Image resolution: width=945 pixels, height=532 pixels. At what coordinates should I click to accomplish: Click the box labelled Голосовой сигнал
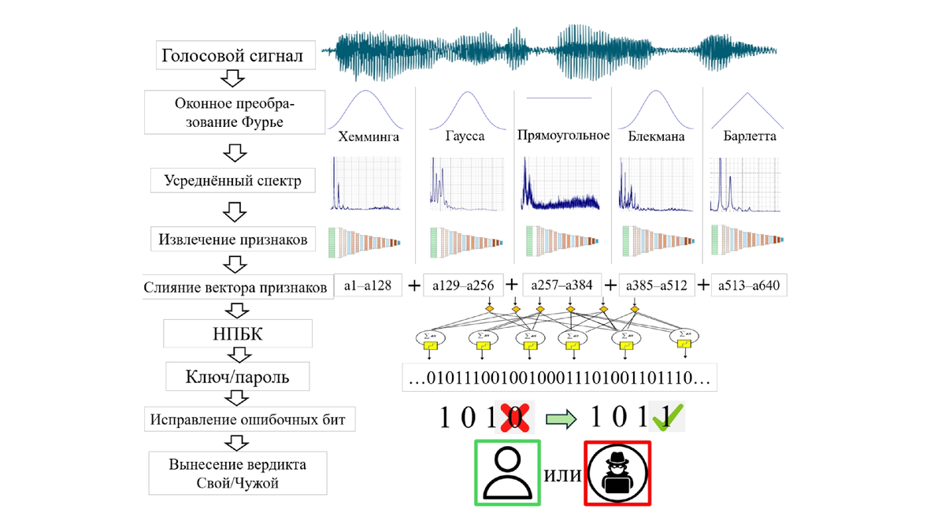tap(232, 55)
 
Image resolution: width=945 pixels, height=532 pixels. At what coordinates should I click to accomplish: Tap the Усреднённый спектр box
tap(232, 180)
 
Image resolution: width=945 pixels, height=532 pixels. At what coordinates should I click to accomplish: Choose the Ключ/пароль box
tap(236, 377)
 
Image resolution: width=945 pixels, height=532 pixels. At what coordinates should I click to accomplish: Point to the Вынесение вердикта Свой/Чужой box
tap(237, 473)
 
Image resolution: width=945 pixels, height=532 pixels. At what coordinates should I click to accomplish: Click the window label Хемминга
tap(369, 136)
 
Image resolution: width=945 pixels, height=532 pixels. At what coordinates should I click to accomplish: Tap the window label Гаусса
tap(463, 136)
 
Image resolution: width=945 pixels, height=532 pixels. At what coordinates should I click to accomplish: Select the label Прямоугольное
tap(563, 136)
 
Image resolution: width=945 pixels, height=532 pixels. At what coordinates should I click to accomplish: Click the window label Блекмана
tap(656, 136)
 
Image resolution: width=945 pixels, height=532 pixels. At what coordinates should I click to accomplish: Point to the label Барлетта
tap(750, 136)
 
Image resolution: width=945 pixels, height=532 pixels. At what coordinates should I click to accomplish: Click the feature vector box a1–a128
tap(369, 285)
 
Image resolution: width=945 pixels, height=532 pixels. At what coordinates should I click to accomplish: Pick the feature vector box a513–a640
tap(749, 285)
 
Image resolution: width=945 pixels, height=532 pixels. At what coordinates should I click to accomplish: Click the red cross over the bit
tap(519, 418)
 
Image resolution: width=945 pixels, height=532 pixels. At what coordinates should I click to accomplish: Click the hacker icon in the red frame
tap(617, 474)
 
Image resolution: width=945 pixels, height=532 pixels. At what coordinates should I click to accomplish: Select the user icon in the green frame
tap(506, 473)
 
